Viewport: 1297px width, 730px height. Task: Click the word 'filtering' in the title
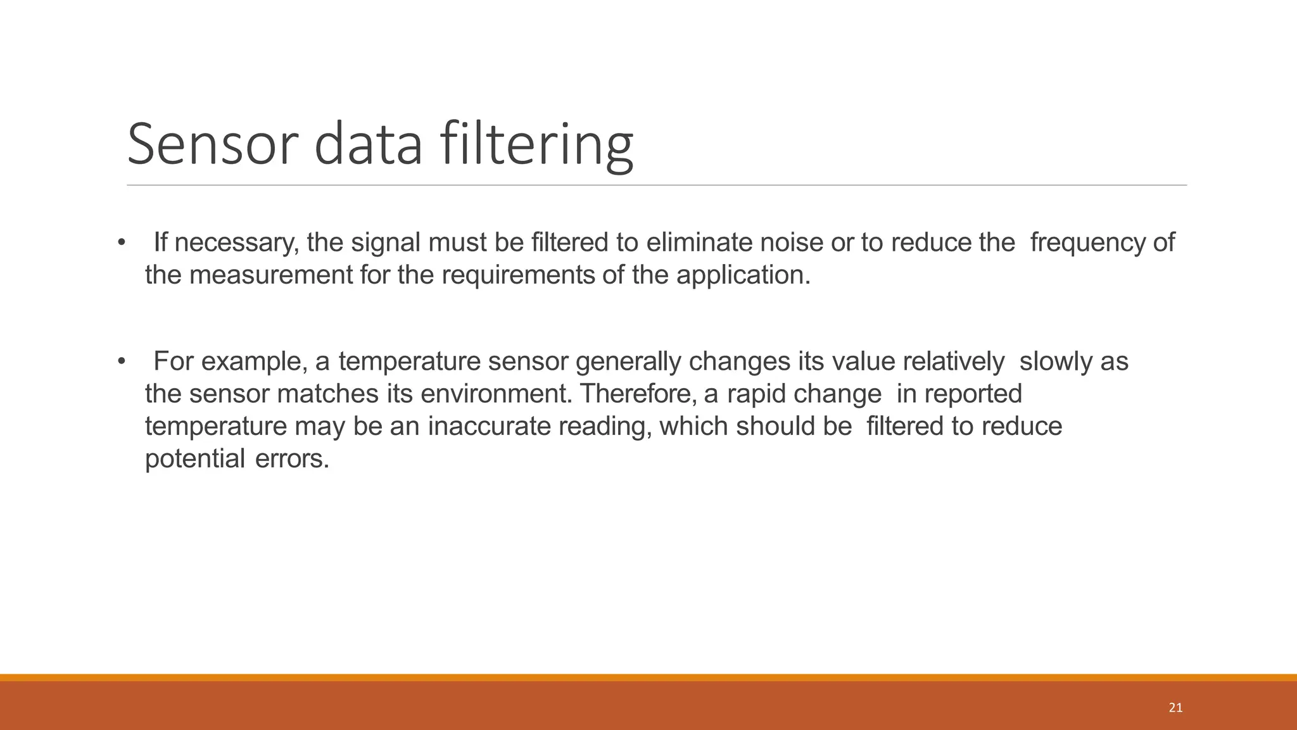536,144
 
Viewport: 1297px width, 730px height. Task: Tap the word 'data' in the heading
368,144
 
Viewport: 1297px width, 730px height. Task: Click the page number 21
1175,708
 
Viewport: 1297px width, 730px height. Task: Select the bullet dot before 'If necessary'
121,242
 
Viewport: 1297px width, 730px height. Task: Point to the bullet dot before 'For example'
121,362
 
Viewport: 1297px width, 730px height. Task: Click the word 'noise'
791,242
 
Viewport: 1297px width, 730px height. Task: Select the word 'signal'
385,242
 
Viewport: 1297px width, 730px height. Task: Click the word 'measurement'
270,275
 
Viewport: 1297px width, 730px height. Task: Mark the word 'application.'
743,275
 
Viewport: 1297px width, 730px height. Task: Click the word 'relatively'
953,362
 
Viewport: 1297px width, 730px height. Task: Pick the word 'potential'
194,458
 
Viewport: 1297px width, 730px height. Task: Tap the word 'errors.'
292,458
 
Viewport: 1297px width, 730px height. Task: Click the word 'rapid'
756,394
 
